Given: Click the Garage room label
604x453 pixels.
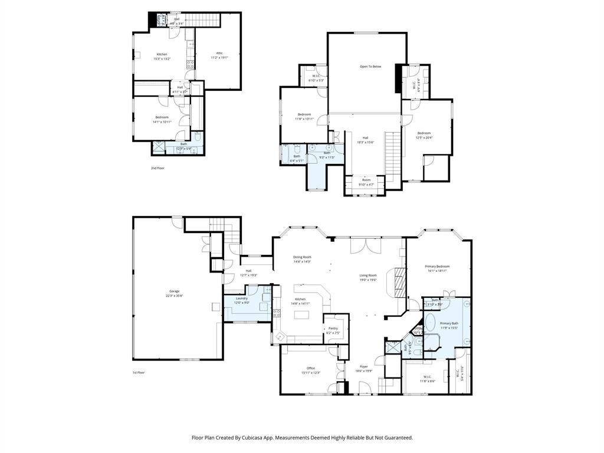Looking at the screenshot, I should tap(174, 291).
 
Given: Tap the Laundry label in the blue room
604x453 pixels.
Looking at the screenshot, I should tap(241, 298).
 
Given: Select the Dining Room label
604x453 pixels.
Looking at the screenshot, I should tap(302, 257).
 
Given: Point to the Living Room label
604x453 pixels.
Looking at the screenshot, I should tap(368, 275).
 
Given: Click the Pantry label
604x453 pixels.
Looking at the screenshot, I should tap(333, 328).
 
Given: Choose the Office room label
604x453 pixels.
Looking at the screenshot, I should tap(310, 368).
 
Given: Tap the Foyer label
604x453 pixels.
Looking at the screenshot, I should tap(363, 366).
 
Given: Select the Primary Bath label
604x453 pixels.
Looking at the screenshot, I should tap(449, 323).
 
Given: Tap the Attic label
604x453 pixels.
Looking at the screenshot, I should tap(219, 53).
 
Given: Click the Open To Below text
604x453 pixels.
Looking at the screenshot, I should tap(370, 67).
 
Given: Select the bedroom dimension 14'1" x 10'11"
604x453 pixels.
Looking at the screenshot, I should tap(162, 122).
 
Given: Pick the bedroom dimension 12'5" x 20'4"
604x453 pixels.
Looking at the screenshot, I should tap(424, 138).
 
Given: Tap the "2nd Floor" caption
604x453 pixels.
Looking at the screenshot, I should tap(157, 168).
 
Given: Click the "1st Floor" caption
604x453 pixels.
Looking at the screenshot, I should tap(139, 373).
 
